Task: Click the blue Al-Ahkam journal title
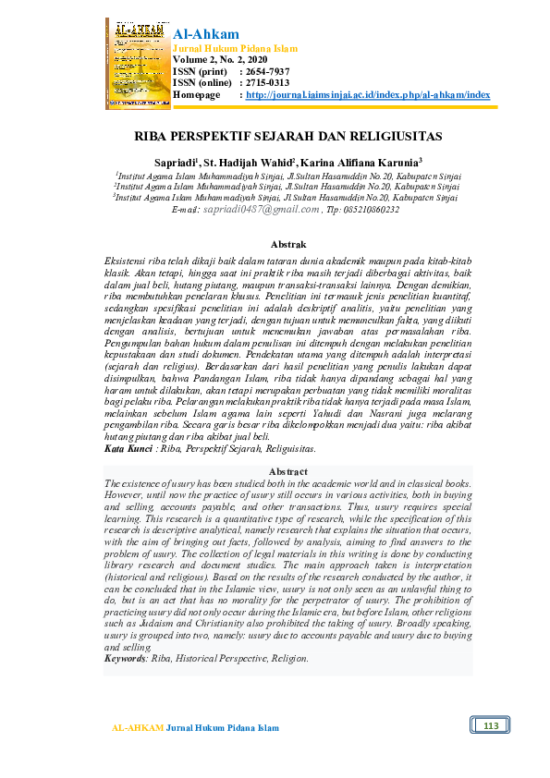(x=206, y=34)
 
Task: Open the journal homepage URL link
(x=368, y=95)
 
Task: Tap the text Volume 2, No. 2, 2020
(x=218, y=59)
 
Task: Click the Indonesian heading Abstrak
(x=287, y=244)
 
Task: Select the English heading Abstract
(x=287, y=472)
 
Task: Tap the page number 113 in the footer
(x=490, y=726)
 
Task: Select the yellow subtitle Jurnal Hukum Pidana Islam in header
(x=235, y=48)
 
